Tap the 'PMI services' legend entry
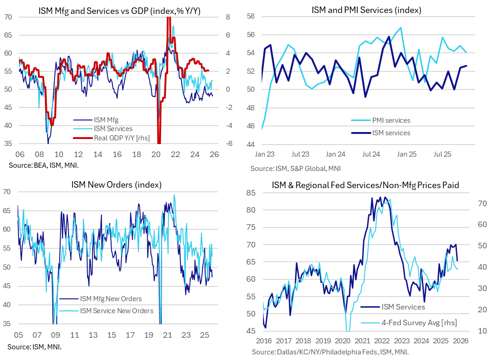click(x=391, y=120)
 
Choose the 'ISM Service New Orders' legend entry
click(x=117, y=310)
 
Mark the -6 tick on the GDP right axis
click(x=227, y=144)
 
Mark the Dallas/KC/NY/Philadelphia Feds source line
click(x=330, y=353)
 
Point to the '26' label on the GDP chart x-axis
click(x=215, y=155)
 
